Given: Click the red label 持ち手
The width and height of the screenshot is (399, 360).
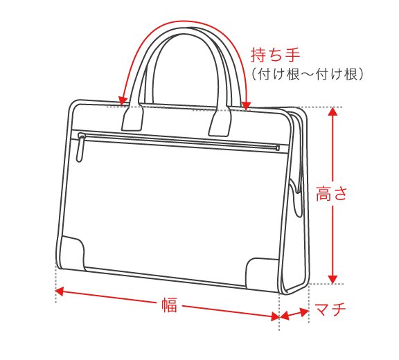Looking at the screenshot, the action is pyautogui.click(x=275, y=55).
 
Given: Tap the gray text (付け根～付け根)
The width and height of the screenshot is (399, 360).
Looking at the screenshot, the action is pyautogui.click(x=308, y=75).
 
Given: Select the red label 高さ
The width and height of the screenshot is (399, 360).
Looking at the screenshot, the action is pyautogui.click(x=332, y=194).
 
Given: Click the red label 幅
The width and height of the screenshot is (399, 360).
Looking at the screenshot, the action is pyautogui.click(x=169, y=305).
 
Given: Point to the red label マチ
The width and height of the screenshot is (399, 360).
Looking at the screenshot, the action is pyautogui.click(x=330, y=309).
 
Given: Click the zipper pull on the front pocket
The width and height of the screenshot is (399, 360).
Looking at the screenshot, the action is pyautogui.click(x=80, y=149).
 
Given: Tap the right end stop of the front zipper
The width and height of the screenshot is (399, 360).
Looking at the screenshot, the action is pyautogui.click(x=278, y=147).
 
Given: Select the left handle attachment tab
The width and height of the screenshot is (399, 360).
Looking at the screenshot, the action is pyautogui.click(x=132, y=118).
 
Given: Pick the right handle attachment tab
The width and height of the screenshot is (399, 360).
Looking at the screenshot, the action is pyautogui.click(x=220, y=122).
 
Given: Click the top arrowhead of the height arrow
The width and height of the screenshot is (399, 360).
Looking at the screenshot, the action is pyautogui.click(x=332, y=111).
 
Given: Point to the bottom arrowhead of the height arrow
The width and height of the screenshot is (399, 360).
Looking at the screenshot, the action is pyautogui.click(x=332, y=280).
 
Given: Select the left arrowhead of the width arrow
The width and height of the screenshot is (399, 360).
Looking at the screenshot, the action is pyautogui.click(x=60, y=291).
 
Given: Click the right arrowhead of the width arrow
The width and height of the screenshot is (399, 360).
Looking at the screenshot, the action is pyautogui.click(x=275, y=316).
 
